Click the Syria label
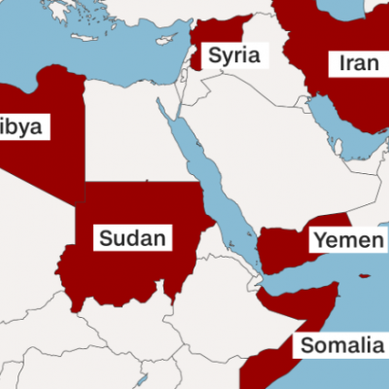click(x=234, y=54)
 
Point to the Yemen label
click(x=346, y=239)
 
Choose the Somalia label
click(x=341, y=344)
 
